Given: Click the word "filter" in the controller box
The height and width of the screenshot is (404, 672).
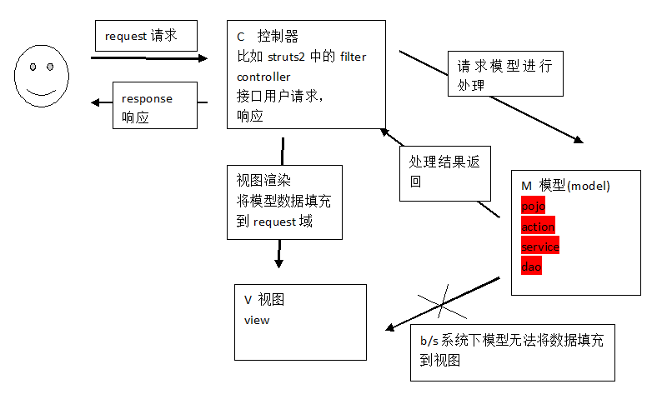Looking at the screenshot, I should click(x=353, y=57).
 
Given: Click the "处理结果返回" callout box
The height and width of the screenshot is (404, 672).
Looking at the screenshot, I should click(x=444, y=172).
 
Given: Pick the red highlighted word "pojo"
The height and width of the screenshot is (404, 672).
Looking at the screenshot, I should click(x=533, y=206).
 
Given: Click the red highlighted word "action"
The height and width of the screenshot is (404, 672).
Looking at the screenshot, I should click(x=537, y=227).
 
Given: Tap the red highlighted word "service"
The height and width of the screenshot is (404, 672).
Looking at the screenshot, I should click(x=539, y=247).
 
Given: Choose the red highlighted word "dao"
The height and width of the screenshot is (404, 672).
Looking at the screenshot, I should click(x=531, y=267).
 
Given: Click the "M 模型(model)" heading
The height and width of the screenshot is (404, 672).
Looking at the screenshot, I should click(x=565, y=185).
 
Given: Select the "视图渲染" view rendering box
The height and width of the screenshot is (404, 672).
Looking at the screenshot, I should click(x=283, y=201).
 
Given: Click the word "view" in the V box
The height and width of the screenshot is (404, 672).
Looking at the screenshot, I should click(x=257, y=320).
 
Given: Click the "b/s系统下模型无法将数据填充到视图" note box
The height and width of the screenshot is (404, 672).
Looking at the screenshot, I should click(x=512, y=352).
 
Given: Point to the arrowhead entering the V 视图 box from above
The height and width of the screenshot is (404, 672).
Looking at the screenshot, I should click(x=278, y=262).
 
